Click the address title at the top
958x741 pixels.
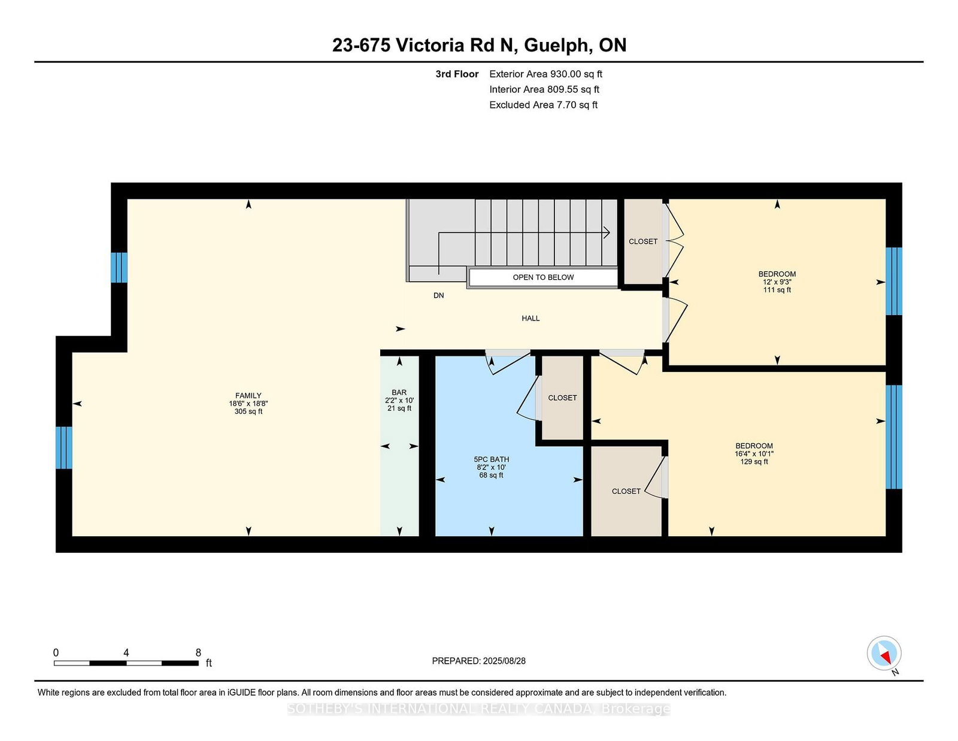coord(479,46)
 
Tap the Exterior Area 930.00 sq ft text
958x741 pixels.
coord(545,74)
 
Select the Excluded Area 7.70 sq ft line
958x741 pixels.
coord(543,105)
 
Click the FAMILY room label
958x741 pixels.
coord(248,403)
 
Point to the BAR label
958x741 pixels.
coord(399,400)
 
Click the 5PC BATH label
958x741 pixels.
coord(491,467)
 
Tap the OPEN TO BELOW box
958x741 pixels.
coord(543,277)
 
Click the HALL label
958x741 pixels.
coord(530,319)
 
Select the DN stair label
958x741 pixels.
coord(439,295)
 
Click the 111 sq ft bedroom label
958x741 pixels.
coord(777,282)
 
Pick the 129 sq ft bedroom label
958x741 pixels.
coord(754,453)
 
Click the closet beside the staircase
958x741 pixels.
coord(643,241)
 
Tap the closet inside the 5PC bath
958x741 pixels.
coord(562,398)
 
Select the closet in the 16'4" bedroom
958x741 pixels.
coord(626,491)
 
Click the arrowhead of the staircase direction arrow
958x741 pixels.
coord(607,232)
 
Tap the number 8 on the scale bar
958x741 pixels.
coord(198,652)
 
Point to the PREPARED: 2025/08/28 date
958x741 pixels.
coord(478,661)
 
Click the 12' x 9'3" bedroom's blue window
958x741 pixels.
coord(893,281)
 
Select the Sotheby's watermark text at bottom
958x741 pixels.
coord(478,709)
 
